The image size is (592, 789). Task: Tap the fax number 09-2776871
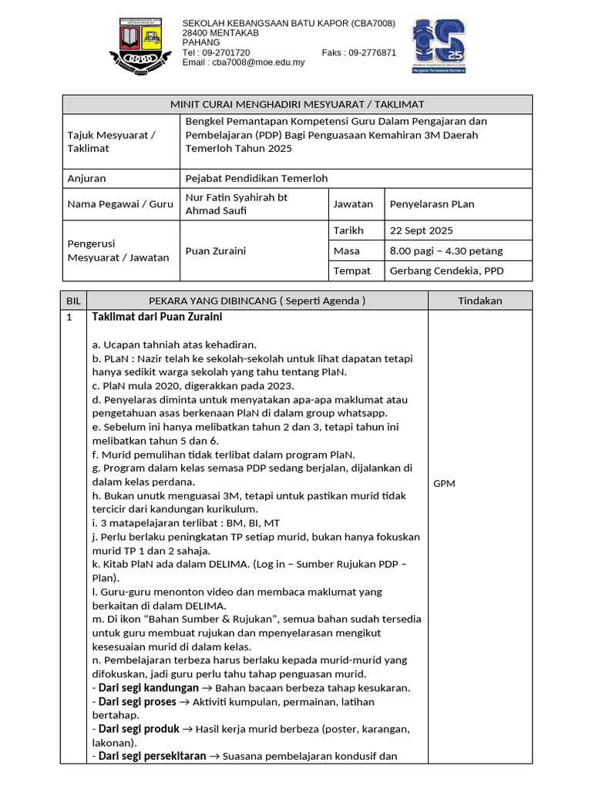tap(372, 52)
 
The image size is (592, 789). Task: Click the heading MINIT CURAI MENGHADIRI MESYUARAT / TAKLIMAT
tap(297, 104)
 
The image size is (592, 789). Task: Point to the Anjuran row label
tap(87, 178)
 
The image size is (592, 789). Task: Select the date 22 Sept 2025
tap(422, 230)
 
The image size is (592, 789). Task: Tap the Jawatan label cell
tap(353, 204)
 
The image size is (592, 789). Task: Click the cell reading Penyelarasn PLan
tap(432, 204)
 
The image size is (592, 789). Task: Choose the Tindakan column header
tap(479, 300)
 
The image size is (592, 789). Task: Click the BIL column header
tap(74, 300)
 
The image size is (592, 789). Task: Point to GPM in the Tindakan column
tap(445, 484)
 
